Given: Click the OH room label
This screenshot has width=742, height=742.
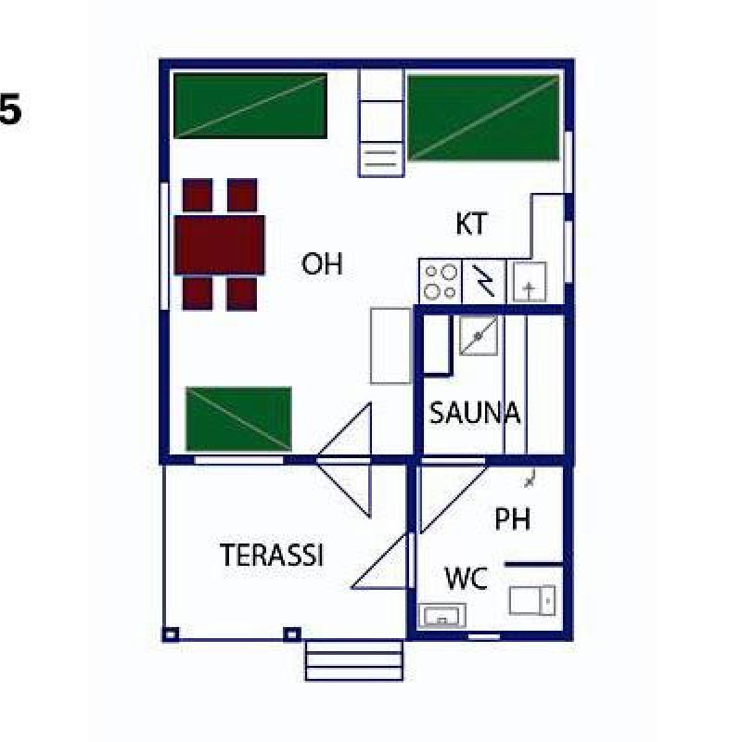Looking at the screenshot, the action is pos(322,263).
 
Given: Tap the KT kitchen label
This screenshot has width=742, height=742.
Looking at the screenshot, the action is pos(471,224).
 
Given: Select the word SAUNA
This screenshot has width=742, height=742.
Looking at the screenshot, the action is pos(475,413).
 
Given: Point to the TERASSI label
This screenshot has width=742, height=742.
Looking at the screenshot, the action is pos(272,555).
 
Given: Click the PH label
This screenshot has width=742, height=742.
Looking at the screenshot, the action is pos(513,518).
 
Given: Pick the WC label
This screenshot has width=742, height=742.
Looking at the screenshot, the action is pos(467,578).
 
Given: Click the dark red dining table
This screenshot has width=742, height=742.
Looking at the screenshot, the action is pos(220,245).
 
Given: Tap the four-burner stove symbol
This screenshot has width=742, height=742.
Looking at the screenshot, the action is pos(441,282).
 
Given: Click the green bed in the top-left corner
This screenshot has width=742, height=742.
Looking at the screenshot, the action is pos(250,106).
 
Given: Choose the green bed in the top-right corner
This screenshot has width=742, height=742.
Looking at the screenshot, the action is pos(483,119).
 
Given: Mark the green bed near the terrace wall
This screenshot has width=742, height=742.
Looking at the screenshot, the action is pos(239,419).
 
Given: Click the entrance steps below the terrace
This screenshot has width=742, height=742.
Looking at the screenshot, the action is pos(354,660).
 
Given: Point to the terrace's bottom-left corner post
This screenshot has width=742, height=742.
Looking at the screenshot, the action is pos(171,634).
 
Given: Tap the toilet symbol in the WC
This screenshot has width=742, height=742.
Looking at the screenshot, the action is pos(532,600).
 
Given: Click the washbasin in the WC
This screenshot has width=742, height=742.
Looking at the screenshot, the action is pos(442,616).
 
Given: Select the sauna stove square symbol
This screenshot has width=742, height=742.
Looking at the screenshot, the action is pos(479,336).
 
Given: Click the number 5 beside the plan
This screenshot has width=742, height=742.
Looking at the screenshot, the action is pos(10,109).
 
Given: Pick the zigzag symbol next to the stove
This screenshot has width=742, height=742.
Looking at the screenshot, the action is pos(483,281).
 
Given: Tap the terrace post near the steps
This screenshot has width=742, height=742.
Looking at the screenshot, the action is pos(292,634).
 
